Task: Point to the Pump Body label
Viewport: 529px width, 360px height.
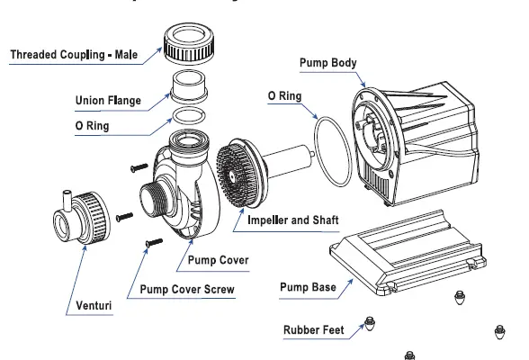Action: pos(327,63)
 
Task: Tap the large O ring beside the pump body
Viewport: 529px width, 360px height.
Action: pos(335,152)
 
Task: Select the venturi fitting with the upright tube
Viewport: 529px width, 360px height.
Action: pos(85,214)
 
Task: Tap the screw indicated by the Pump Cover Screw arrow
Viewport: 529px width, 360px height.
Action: pos(154,241)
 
